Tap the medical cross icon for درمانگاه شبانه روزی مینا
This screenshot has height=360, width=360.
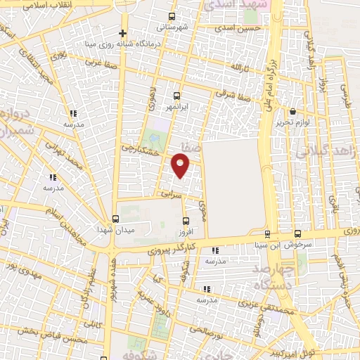click(123, 33)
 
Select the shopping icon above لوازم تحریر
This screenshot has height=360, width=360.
click(293, 111)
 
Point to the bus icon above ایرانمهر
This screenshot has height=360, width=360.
click(176, 96)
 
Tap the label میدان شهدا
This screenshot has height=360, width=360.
click(115, 229)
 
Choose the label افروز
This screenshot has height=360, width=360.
click(186, 231)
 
